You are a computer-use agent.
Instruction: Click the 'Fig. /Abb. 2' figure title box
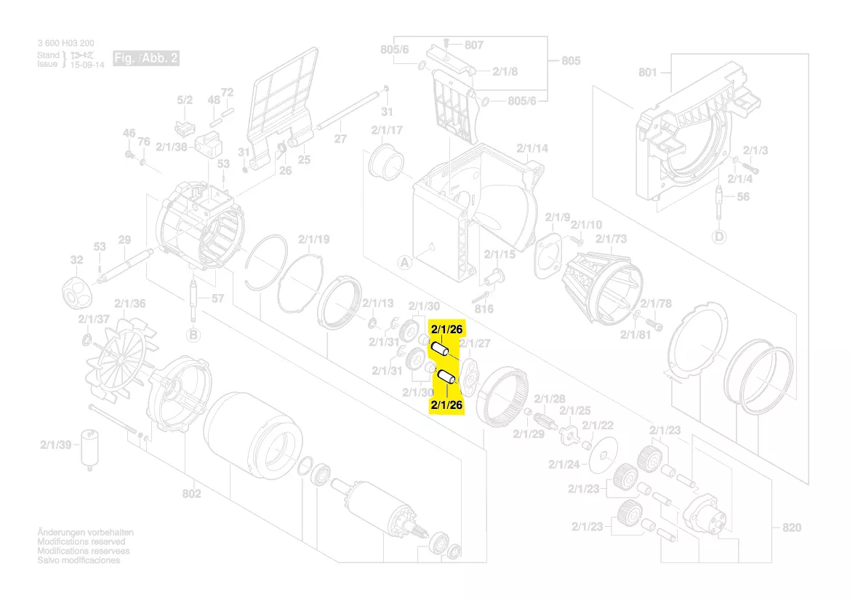(145, 58)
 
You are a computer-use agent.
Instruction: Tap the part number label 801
(647, 73)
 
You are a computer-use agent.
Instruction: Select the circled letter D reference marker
(719, 236)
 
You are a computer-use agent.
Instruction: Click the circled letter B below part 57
(193, 335)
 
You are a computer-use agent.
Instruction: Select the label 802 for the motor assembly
(191, 494)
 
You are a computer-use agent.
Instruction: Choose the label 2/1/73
(611, 239)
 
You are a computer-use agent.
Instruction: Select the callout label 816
(484, 309)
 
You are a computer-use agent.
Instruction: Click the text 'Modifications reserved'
(81, 542)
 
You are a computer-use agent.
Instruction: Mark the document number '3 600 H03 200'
(65, 44)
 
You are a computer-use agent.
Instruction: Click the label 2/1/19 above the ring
(313, 239)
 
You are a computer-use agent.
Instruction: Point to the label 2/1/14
(532, 148)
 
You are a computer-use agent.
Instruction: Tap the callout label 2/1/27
(475, 343)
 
